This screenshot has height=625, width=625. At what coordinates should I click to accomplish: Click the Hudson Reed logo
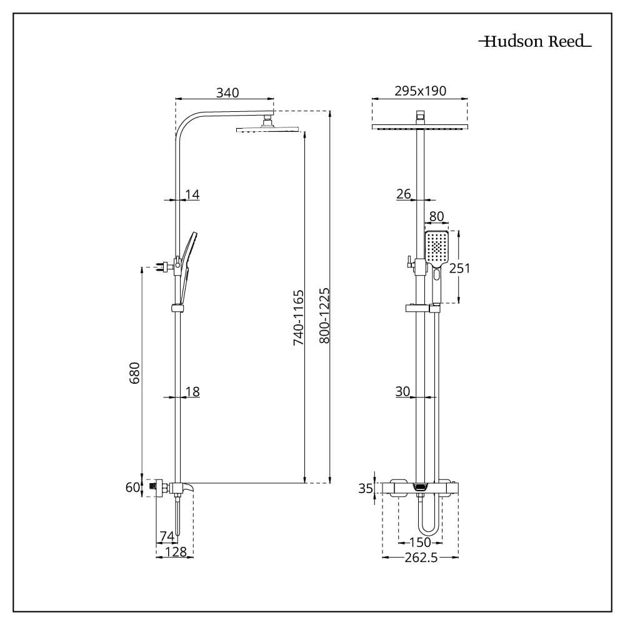click(535, 41)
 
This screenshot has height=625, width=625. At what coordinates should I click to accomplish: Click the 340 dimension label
click(227, 92)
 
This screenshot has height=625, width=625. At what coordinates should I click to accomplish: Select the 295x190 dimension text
click(420, 91)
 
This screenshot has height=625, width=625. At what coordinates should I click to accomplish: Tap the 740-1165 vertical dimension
click(298, 317)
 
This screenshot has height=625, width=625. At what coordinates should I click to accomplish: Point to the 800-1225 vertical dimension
click(325, 316)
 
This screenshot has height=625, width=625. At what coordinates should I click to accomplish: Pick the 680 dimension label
click(135, 372)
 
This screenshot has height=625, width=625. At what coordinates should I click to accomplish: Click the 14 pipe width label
click(192, 194)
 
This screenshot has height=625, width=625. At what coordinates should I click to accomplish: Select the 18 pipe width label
click(192, 391)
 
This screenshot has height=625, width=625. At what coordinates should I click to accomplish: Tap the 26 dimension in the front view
click(403, 194)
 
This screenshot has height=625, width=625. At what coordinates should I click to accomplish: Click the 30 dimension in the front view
click(402, 391)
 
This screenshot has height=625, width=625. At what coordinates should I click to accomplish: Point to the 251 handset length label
click(459, 268)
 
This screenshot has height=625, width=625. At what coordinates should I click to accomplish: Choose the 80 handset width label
click(436, 216)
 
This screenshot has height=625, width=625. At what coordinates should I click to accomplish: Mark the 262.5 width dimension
click(421, 557)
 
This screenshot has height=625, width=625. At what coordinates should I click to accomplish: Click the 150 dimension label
click(420, 542)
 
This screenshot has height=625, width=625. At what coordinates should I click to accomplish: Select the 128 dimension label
click(176, 551)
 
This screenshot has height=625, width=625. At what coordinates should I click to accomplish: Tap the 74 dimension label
click(167, 536)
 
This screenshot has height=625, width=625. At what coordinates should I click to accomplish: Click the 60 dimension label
click(132, 487)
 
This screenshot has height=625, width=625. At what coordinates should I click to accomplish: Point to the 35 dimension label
click(365, 488)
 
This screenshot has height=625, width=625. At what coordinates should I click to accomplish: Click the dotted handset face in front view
click(437, 247)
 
